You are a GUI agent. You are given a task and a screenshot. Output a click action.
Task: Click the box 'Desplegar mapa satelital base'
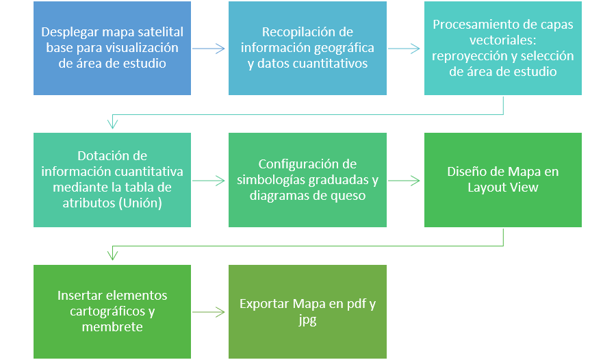pos(112,48)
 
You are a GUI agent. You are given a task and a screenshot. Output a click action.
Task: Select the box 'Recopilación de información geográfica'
pos(307,48)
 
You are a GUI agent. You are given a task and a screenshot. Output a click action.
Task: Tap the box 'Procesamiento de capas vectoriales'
pos(503,48)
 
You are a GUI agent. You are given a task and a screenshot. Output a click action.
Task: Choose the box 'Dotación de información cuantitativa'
pos(112,180)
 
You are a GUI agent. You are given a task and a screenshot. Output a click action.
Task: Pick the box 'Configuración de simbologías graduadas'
pos(307,180)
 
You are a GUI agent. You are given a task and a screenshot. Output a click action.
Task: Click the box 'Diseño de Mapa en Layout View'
pos(503,180)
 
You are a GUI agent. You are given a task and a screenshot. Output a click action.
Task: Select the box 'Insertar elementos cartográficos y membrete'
pos(112,311)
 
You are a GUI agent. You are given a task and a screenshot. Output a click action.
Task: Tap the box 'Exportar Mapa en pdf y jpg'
pos(307,311)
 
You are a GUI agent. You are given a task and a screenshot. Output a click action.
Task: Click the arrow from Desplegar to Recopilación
pos(209,49)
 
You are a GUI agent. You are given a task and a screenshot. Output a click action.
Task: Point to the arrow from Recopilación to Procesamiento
pos(405,49)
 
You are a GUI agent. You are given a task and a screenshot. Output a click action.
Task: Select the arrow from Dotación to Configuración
pos(209,181)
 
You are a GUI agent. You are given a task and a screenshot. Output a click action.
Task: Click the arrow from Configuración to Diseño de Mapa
pos(405,181)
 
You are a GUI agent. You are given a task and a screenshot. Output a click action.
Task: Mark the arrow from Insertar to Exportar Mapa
pos(209,312)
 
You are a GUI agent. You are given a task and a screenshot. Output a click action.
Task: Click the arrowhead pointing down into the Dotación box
pos(112,123)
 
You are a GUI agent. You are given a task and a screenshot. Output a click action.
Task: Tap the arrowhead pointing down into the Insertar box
pos(112,255)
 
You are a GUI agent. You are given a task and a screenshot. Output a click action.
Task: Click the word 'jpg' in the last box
pos(307,320)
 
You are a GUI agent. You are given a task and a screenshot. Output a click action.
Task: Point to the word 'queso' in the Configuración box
pos(347,196)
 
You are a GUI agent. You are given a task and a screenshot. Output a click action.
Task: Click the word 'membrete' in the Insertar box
pos(112,327)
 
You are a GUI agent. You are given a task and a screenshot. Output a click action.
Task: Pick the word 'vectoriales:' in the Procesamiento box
pos(503,40)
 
